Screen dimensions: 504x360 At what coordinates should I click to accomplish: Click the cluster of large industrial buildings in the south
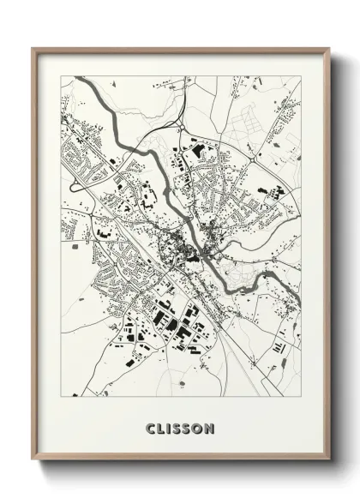point(171,326)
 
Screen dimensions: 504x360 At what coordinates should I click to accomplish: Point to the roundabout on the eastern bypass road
point(257,158)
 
